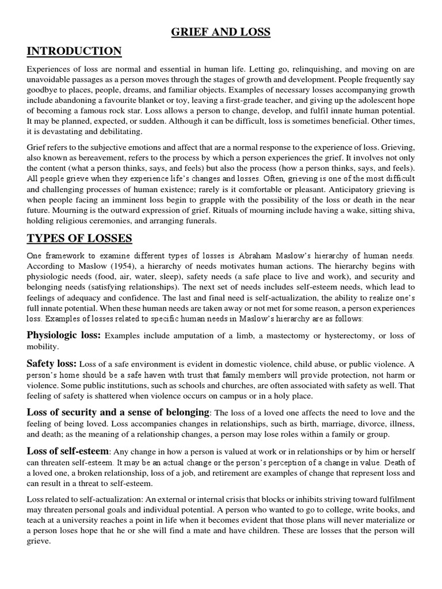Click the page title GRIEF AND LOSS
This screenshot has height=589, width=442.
(x=221, y=32)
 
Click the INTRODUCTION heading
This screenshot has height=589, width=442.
(x=74, y=52)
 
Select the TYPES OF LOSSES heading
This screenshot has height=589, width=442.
(x=79, y=238)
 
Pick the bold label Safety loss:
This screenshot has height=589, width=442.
(x=52, y=364)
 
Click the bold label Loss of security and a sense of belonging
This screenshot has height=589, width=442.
(x=118, y=412)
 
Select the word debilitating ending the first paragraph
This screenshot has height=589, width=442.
(x=106, y=131)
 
